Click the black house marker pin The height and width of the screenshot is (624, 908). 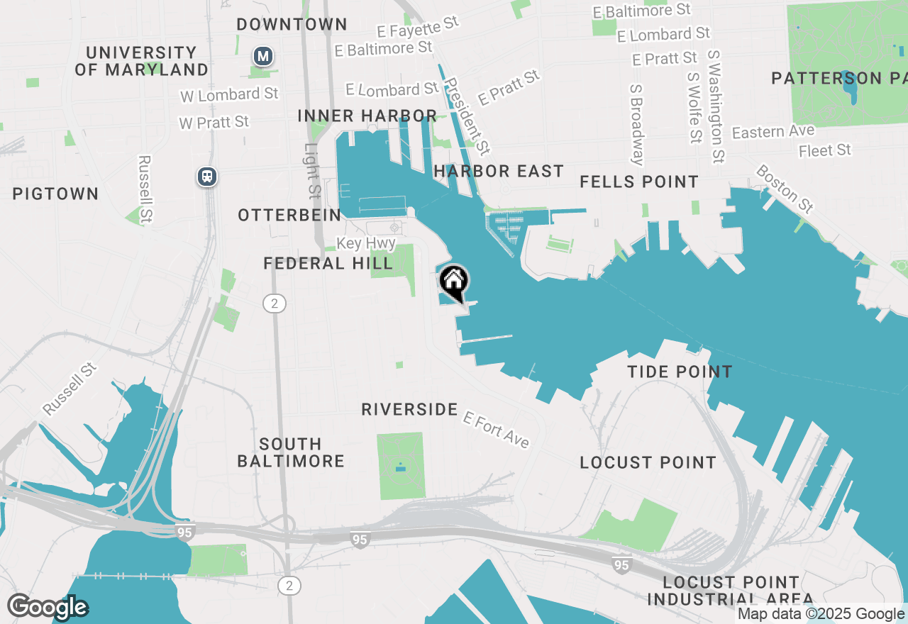pos(454,282)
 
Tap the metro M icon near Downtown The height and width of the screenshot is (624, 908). pos(263,56)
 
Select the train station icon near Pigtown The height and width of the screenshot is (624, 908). pos(207,176)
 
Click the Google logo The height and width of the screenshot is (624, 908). pos(48,607)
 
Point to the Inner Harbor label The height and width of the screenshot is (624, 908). pos(367,116)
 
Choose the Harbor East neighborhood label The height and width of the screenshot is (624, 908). pos(499,171)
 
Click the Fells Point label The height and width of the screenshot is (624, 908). pos(639,182)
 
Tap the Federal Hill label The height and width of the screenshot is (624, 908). pos(328,264)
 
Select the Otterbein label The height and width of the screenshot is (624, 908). pos(289,215)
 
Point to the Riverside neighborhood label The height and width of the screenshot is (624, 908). pos(409,409)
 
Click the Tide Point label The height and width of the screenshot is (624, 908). pos(680,372)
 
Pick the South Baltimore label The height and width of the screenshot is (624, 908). pos(291,452)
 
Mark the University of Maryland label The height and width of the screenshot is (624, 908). pos(142,61)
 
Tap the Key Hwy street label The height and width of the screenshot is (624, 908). pos(366,243)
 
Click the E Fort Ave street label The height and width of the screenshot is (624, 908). pos(496,429)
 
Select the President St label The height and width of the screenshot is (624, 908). pos(466,115)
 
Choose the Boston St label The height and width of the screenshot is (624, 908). pos(784,189)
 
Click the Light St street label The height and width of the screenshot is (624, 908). pos(313,170)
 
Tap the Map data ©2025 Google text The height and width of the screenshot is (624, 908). pos(821,614)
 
